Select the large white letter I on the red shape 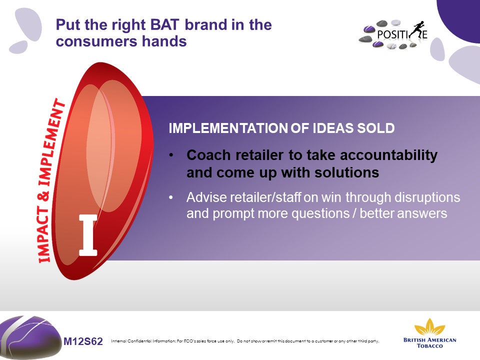(88, 235)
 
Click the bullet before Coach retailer (171, 155)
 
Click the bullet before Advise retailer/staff (171, 197)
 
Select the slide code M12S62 (83, 341)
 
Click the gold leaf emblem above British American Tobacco (429, 326)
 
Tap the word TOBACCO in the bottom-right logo (430, 346)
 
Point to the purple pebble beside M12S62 (30, 336)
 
